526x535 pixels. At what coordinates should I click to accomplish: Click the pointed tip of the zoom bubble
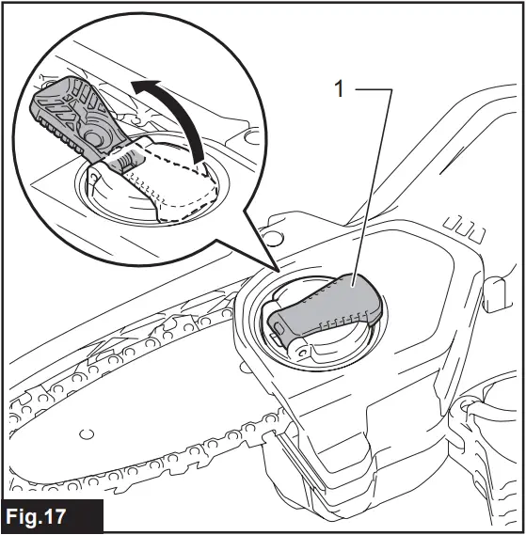tap(276, 271)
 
